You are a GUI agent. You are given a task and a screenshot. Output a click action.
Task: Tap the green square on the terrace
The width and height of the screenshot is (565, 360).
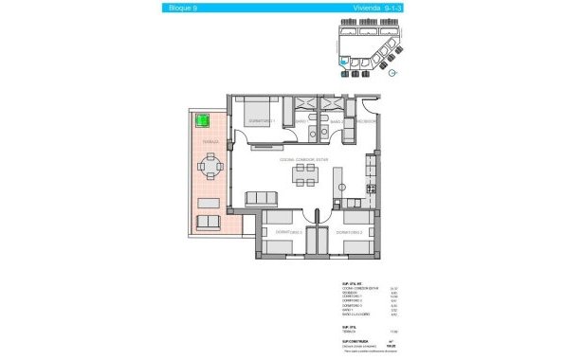click(x=202, y=121)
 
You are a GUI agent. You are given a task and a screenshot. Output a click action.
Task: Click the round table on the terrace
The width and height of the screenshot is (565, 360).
click(x=210, y=169)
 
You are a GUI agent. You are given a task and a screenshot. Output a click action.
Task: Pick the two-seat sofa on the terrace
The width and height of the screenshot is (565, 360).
click(x=209, y=222)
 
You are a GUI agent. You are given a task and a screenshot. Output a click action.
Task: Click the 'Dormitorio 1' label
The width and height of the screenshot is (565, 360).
click(x=261, y=121)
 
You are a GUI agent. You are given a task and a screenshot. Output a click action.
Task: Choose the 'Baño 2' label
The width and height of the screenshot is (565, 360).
click(x=336, y=121)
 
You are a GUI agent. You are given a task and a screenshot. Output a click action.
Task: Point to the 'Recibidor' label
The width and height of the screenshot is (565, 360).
click(x=367, y=121)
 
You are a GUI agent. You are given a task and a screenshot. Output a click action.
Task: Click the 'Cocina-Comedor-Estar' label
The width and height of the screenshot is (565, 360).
click(x=303, y=158)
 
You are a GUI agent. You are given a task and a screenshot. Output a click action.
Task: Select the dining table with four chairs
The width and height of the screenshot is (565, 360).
click(x=304, y=172)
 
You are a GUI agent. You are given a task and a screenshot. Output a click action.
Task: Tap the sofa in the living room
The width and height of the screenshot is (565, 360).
click(x=261, y=198)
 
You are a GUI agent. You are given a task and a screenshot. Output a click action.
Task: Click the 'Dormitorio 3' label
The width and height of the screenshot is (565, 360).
click(x=287, y=231)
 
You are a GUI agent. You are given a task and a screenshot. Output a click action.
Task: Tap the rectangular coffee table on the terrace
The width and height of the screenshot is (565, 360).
click(x=209, y=204)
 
